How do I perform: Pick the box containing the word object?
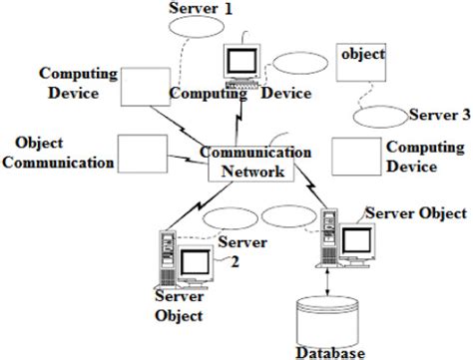click(360, 64)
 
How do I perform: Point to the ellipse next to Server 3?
click(382, 117)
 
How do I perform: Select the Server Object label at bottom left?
click(180, 306)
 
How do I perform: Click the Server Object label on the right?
click(415, 214)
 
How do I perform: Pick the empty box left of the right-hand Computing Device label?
click(354, 157)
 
